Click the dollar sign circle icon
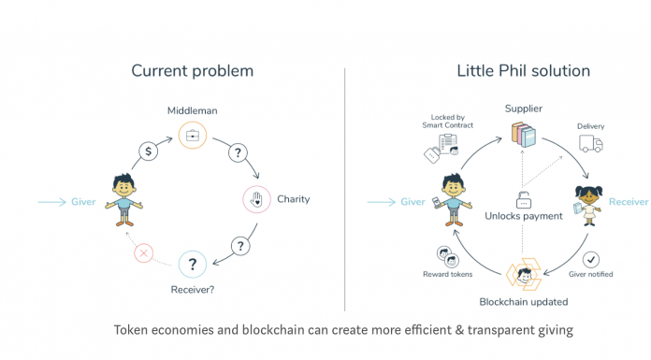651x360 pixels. [x=148, y=151]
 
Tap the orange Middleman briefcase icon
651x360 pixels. [x=193, y=135]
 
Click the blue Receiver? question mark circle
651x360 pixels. [x=192, y=265]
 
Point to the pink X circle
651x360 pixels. [x=143, y=253]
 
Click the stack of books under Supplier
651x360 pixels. [x=524, y=132]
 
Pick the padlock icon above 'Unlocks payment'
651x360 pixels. [x=524, y=199]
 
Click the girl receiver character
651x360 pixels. [x=589, y=205]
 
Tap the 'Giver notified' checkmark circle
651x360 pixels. [x=590, y=259]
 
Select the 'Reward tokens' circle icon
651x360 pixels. [x=445, y=254]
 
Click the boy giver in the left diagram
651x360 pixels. [x=122, y=199]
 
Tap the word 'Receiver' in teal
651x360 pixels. [x=628, y=201]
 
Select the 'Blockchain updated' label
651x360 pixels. [x=524, y=302]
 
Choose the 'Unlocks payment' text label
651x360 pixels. [x=524, y=216]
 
